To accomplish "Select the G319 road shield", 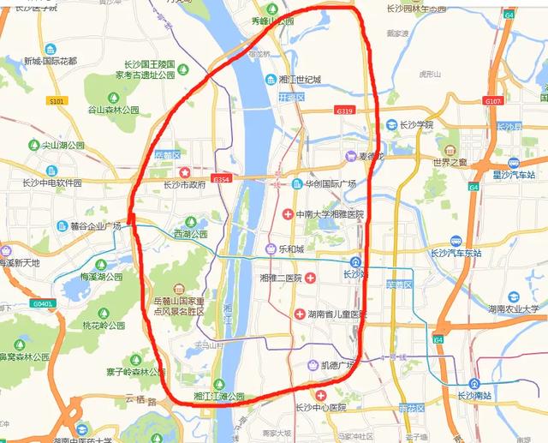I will pyautogui.click(x=345, y=111).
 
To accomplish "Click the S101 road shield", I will pyautogui.click(x=57, y=102).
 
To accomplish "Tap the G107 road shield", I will pyautogui.click(x=492, y=101).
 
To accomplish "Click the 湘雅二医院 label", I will pyautogui.click(x=276, y=278).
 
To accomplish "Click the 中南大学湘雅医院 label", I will pyautogui.click(x=330, y=213).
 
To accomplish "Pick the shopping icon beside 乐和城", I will pyautogui.click(x=271, y=248).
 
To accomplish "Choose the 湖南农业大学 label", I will pyautogui.click(x=514, y=308).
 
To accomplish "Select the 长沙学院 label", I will pyautogui.click(x=416, y=124).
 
